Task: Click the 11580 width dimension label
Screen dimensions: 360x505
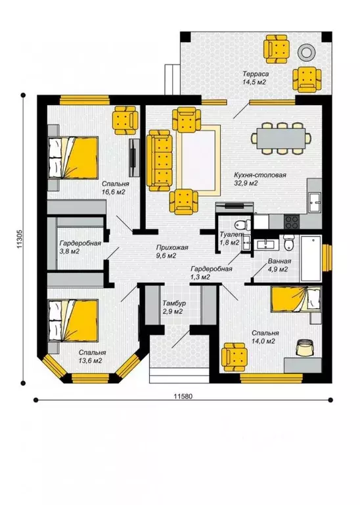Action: coord(183,396)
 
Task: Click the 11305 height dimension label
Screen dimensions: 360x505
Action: coord(19,239)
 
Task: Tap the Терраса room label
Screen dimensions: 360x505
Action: coord(256,74)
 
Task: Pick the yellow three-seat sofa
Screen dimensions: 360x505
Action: coord(158,160)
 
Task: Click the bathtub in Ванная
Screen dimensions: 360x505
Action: coord(311,258)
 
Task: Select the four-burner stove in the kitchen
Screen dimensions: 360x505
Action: coord(292,221)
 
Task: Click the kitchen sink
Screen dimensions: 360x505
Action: coord(314,203)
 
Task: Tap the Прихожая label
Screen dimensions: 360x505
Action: coord(172,248)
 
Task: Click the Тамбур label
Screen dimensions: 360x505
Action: coord(173,303)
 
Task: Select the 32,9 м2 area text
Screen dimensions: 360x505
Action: coord(246,183)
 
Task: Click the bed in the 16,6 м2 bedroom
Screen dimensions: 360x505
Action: coord(73,158)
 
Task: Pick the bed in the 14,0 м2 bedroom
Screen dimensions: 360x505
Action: coord(296,299)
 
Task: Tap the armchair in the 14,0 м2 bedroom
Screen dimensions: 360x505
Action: coord(235,357)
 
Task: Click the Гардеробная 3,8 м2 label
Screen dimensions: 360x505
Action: coord(80,247)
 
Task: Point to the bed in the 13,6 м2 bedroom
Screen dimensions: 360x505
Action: coord(73,321)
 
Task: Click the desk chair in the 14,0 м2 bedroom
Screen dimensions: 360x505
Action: coord(304,347)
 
